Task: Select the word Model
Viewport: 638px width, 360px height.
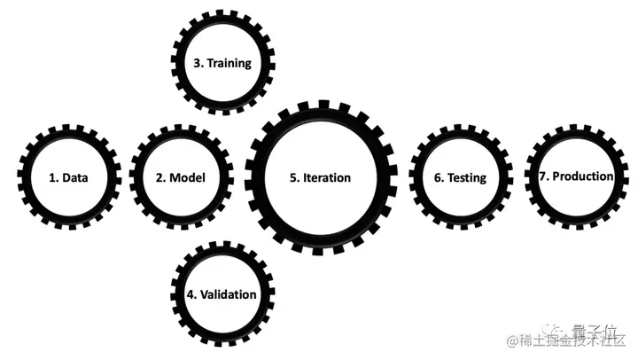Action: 187,177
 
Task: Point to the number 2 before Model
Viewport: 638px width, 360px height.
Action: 159,177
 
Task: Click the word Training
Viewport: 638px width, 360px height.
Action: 229,64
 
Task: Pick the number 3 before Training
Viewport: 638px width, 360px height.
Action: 197,64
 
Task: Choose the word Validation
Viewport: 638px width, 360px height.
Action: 228,294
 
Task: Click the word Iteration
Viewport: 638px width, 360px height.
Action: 327,177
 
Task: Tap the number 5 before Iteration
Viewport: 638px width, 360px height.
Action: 293,177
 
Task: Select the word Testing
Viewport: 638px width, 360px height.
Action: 467,177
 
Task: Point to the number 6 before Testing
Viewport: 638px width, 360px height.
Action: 438,177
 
